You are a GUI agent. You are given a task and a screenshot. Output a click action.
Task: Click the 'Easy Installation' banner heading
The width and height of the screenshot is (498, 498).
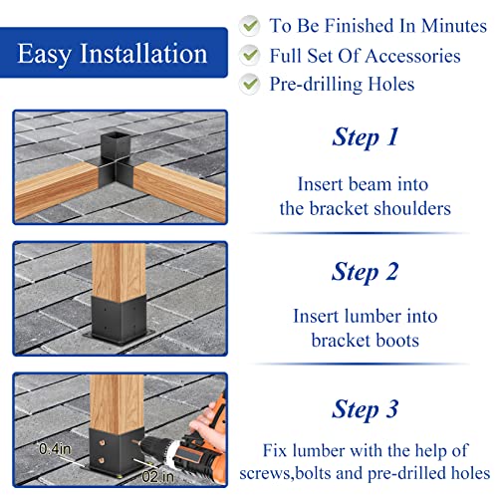point(113,54)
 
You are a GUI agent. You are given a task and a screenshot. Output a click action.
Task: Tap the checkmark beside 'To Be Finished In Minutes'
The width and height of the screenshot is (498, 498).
point(250,26)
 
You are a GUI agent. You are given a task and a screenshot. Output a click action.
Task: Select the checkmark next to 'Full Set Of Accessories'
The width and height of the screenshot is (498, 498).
point(250,55)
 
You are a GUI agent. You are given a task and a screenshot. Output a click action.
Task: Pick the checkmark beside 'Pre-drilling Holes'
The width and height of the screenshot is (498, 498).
point(250,84)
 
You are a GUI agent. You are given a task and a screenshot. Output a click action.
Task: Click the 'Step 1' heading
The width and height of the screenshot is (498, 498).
point(366,137)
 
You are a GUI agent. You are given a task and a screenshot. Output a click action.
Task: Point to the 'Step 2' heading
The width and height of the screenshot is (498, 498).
point(366,272)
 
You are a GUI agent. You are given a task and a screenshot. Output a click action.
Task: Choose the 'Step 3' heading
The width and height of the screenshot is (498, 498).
point(366,409)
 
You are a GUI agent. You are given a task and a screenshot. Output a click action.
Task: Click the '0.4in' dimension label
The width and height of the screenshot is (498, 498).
point(55,449)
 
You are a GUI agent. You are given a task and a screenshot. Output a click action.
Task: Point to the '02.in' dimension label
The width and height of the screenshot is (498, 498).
point(157,477)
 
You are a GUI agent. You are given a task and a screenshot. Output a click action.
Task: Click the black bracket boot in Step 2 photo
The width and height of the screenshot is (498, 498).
point(119,319)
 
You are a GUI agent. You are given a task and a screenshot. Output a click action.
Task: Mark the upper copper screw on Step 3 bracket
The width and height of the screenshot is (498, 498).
point(103,443)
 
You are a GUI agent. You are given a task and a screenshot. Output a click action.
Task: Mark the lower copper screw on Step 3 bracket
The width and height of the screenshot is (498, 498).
point(103,460)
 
